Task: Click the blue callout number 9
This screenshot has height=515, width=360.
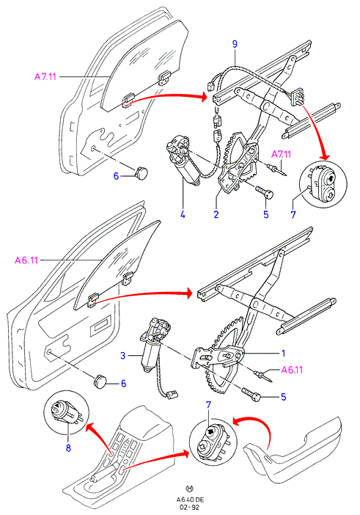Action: [x=235, y=44]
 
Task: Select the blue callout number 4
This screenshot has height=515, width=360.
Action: [x=183, y=215]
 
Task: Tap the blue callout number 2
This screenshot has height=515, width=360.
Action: [x=216, y=215]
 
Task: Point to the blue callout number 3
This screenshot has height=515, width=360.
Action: [x=122, y=355]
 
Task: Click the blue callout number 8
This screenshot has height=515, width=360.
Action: [x=68, y=448]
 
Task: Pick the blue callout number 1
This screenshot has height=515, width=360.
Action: [x=283, y=354]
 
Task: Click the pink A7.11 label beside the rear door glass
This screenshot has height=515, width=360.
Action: [x=45, y=77]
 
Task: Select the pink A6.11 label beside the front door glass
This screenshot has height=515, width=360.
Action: [x=26, y=260]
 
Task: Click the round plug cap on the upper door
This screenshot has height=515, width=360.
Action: [x=141, y=172]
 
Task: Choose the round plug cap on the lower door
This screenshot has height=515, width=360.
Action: [x=100, y=382]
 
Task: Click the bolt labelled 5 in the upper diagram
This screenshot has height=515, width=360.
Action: [x=264, y=191]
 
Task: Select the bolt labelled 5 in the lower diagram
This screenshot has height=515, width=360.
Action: [x=251, y=393]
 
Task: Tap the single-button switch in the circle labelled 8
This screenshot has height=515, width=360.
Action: [x=66, y=412]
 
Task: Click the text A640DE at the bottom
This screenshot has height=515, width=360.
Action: [x=190, y=500]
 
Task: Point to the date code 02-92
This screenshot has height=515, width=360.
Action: [x=190, y=507]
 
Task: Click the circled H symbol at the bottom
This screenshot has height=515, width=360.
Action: [x=190, y=489]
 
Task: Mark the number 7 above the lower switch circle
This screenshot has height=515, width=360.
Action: [x=209, y=405]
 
